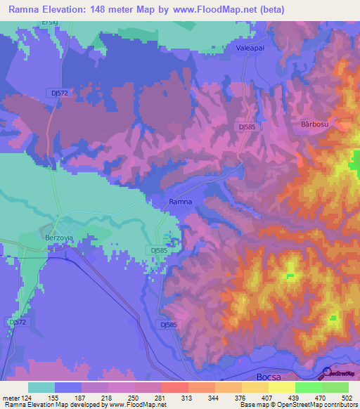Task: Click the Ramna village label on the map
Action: (x=180, y=202)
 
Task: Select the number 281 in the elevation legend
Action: (x=161, y=397)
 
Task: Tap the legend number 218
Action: (x=108, y=397)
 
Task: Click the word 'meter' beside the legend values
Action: (x=10, y=397)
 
